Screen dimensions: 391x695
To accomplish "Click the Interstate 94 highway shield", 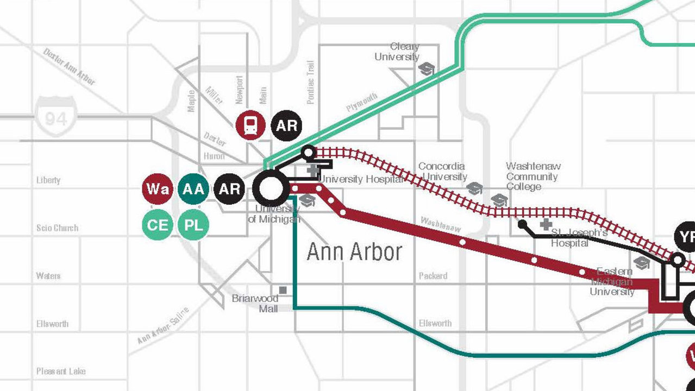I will click(x=56, y=116).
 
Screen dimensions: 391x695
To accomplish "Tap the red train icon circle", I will click(x=251, y=125).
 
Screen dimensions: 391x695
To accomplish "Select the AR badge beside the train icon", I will click(x=286, y=125).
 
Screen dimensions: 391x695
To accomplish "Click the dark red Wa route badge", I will click(x=158, y=189).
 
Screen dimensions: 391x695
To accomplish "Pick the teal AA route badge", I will click(x=193, y=189).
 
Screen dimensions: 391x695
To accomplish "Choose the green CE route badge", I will click(x=158, y=224).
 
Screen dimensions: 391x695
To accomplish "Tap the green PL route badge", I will click(x=193, y=224).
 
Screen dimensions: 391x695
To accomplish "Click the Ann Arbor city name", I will click(x=354, y=252).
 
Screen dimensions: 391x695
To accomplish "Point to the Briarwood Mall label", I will click(x=255, y=304).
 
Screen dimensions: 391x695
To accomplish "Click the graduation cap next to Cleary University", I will click(x=428, y=69).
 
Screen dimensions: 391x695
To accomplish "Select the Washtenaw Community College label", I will click(x=533, y=176).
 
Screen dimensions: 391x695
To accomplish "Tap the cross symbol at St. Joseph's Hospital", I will click(x=546, y=224).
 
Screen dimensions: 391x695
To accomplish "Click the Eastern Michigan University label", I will click(x=612, y=281).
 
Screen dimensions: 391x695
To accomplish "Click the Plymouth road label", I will click(x=362, y=103).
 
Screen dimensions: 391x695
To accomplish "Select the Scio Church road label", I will click(x=57, y=228).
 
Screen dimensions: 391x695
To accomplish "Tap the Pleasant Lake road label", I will click(x=61, y=371).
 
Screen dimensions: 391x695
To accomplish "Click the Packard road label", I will click(x=433, y=276).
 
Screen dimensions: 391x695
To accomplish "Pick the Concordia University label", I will click(x=442, y=171).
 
